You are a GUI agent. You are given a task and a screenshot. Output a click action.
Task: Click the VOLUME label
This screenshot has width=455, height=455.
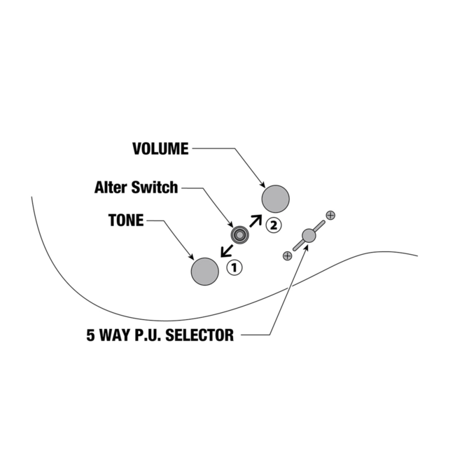click(x=160, y=148)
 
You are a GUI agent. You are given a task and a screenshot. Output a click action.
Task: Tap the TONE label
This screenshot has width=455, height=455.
click(x=125, y=220)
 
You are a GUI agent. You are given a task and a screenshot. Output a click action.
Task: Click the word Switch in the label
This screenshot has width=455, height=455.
click(x=159, y=188)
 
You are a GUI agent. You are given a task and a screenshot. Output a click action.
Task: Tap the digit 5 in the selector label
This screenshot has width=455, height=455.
click(x=91, y=335)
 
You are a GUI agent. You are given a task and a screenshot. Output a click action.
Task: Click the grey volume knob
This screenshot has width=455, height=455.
click(x=276, y=198)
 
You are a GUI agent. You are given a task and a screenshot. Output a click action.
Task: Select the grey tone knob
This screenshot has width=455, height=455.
click(x=205, y=271)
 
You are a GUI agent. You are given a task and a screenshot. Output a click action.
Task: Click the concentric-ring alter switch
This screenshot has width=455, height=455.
click(x=241, y=235)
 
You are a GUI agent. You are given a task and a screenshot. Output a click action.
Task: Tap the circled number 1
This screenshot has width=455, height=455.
click(x=234, y=267)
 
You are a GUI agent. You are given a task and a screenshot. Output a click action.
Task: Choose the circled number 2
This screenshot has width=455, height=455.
click(x=273, y=225)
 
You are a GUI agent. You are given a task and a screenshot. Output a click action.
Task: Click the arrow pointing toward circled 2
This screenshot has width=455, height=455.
click(x=255, y=220)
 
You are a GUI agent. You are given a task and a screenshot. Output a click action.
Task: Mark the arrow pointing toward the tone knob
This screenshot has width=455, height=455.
click(x=225, y=251)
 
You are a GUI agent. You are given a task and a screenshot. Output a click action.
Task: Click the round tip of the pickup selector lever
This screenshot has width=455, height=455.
click(x=309, y=236)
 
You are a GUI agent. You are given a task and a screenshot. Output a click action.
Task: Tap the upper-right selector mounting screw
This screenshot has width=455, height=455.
click(x=330, y=214)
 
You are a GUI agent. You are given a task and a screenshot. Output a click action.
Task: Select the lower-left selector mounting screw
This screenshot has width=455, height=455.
click(x=287, y=256)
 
